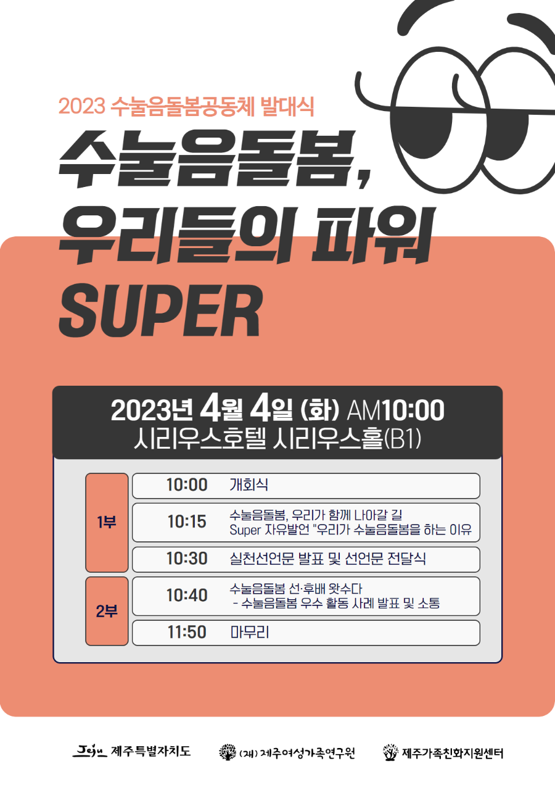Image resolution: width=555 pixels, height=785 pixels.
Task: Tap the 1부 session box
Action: tap(107, 522)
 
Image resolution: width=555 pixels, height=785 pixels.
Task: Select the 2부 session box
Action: tap(107, 611)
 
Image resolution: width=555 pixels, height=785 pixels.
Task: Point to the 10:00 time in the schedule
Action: tap(187, 485)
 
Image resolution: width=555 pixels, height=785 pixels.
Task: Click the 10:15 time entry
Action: tap(187, 522)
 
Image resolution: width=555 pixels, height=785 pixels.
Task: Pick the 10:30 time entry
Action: tap(187, 559)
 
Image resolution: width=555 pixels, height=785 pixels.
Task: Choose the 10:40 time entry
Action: tap(187, 596)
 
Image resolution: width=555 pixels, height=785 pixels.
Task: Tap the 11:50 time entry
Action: tap(187, 633)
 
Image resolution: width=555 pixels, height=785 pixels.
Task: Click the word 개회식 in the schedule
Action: tap(249, 485)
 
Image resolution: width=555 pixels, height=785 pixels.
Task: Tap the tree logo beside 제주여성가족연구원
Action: tap(228, 752)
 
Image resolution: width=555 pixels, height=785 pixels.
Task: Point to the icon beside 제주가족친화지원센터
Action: tap(390, 752)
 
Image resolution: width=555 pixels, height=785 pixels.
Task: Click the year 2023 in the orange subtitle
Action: tap(80, 106)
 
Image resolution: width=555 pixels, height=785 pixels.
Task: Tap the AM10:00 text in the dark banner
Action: tap(396, 410)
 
